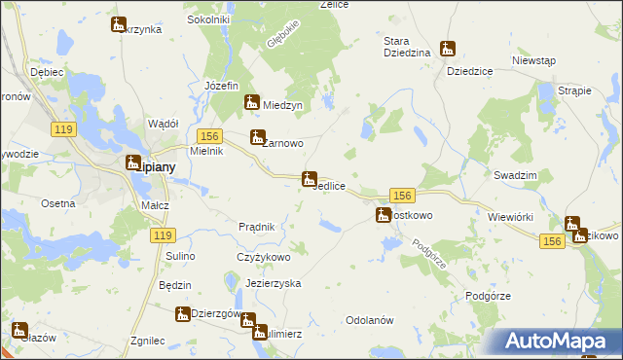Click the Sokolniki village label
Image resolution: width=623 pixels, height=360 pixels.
pos(235,18)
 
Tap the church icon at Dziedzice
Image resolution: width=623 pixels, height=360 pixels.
pos(448,49)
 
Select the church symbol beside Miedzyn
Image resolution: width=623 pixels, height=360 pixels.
pos(251,101)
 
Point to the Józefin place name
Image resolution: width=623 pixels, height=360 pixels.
pos(222,86)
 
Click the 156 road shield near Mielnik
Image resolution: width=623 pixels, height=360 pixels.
pos(207,136)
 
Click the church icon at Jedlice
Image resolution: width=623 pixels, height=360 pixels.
pos(309,179)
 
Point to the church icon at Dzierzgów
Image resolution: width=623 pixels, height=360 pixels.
pos(182,313)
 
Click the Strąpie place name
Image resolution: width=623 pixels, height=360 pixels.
pos(575,90)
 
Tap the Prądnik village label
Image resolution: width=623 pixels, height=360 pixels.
pos(257,227)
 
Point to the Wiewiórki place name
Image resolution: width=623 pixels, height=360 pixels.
pos(510,217)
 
